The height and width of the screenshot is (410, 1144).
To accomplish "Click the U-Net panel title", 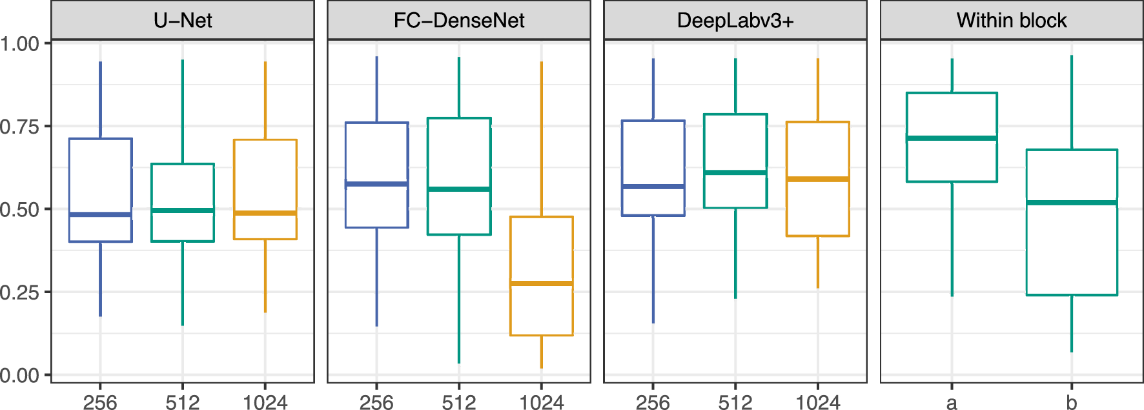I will point(183,21).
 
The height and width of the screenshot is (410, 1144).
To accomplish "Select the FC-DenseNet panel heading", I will point(459,21).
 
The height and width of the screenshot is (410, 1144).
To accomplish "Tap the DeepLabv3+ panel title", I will point(735,21).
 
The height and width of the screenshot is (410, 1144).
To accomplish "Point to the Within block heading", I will point(1012,21).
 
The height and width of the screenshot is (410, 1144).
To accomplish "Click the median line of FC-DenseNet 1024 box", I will point(541,283).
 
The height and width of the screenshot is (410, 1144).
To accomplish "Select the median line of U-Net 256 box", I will point(100,214).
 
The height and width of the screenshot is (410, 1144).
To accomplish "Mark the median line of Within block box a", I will point(952,138).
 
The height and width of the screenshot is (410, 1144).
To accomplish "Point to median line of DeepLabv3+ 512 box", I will point(735,172).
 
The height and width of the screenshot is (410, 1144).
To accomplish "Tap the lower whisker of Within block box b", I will point(1072,323).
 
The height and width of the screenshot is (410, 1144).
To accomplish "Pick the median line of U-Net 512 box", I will point(183,210).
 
